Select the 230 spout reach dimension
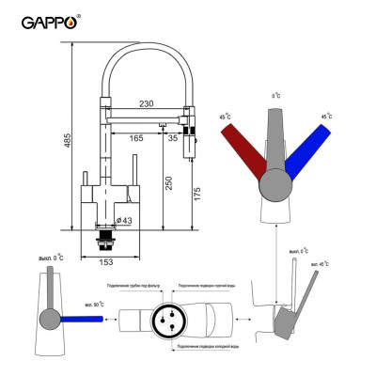(147, 104)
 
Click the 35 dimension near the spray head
(174, 138)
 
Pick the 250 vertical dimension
(169, 184)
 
